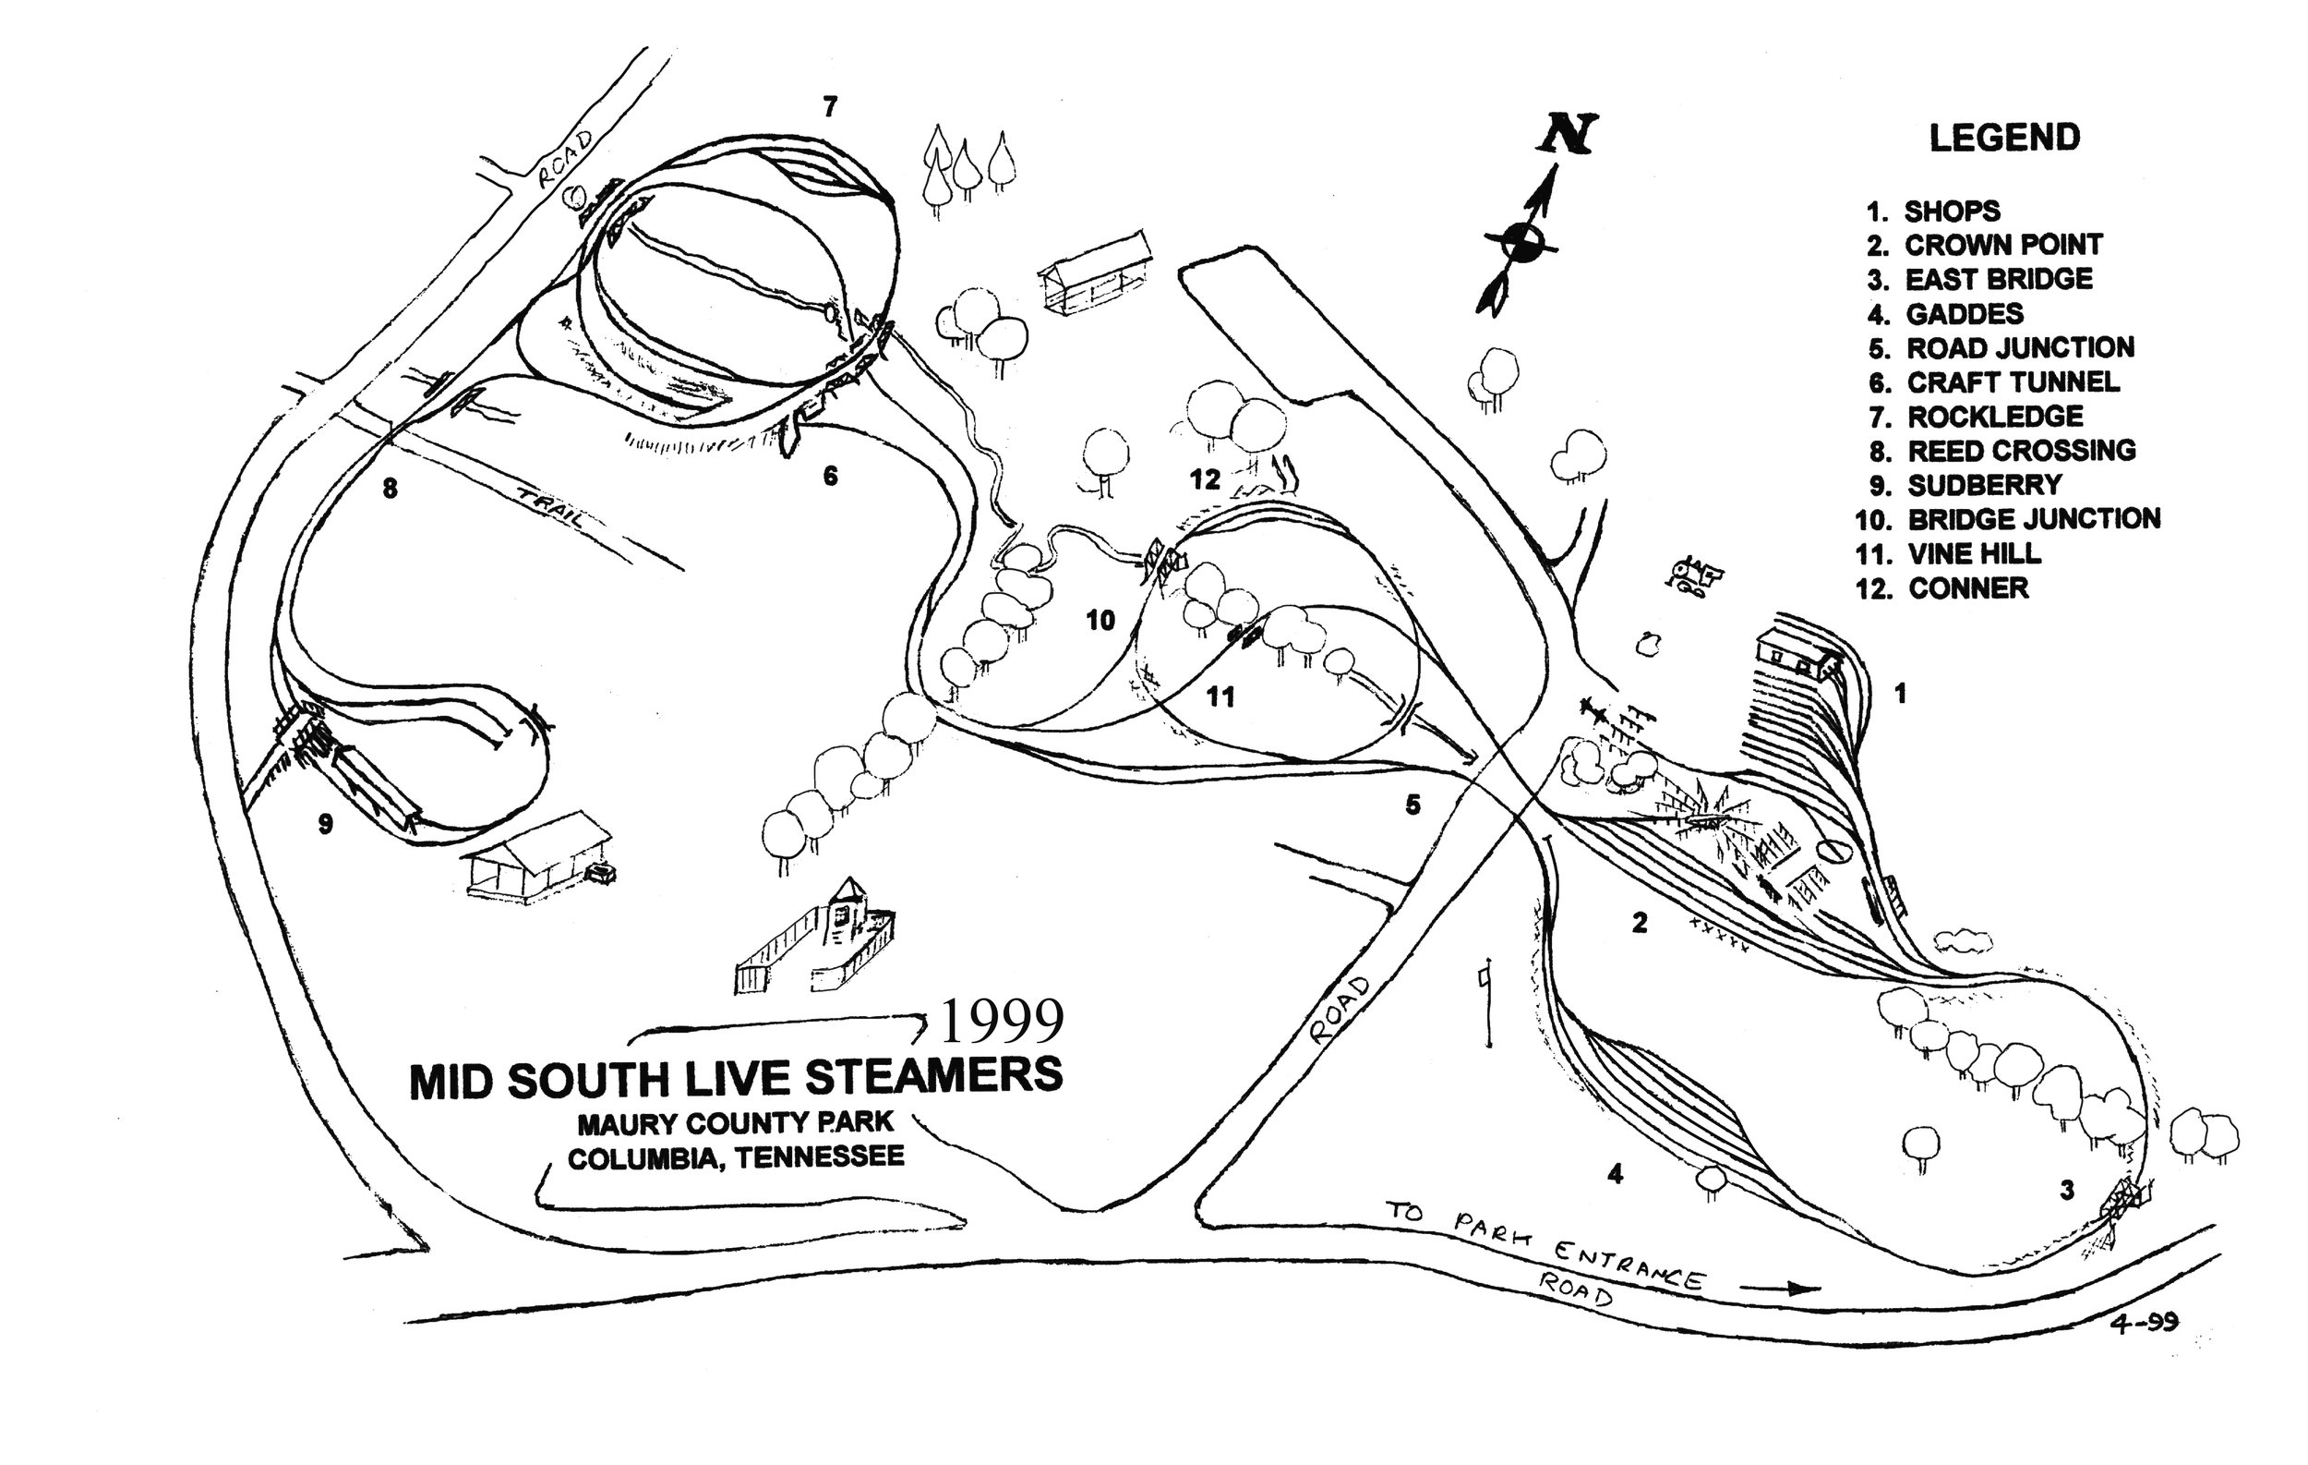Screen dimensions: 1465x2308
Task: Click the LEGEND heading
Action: pyautogui.click(x=2004, y=138)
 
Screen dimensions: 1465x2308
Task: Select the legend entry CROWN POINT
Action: pyautogui.click(x=2002, y=246)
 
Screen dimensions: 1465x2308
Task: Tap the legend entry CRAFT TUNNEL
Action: pyautogui.click(x=2013, y=382)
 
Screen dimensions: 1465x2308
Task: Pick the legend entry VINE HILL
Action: pyautogui.click(x=1975, y=554)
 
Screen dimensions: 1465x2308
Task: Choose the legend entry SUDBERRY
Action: pyautogui.click(x=1984, y=485)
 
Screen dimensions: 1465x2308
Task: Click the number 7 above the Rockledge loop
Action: pyautogui.click(x=830, y=106)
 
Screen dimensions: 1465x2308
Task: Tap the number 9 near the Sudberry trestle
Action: pyautogui.click(x=326, y=824)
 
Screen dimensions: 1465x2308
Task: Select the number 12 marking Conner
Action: pyautogui.click(x=1205, y=479)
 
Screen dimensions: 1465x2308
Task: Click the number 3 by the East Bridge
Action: pyautogui.click(x=2067, y=1191)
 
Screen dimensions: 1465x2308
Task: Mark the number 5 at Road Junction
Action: pyautogui.click(x=1412, y=805)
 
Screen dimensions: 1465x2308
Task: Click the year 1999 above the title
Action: pyautogui.click(x=1003, y=1021)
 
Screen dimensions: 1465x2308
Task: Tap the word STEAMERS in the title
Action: pyautogui.click(x=932, y=1076)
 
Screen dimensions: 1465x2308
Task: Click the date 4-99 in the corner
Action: pyautogui.click(x=2143, y=1323)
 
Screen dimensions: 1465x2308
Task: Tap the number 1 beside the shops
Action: pyautogui.click(x=1902, y=693)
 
